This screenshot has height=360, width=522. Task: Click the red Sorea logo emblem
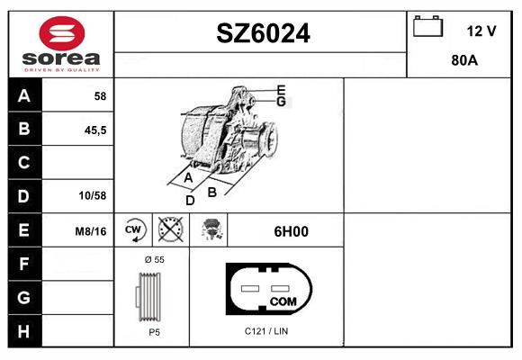pos(62,33)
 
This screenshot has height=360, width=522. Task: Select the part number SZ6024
pos(263,33)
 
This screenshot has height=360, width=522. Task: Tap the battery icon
pos(427,26)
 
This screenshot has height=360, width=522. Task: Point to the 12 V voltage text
pos(481,31)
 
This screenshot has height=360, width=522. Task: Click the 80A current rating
pos(464,60)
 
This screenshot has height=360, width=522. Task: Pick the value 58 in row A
pos(100,96)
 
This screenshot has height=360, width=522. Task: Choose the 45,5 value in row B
pos(95,130)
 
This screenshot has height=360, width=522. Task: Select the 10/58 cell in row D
pos(93,195)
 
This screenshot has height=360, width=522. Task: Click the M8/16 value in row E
pos(91,231)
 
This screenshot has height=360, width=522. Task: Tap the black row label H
pos(24,331)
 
